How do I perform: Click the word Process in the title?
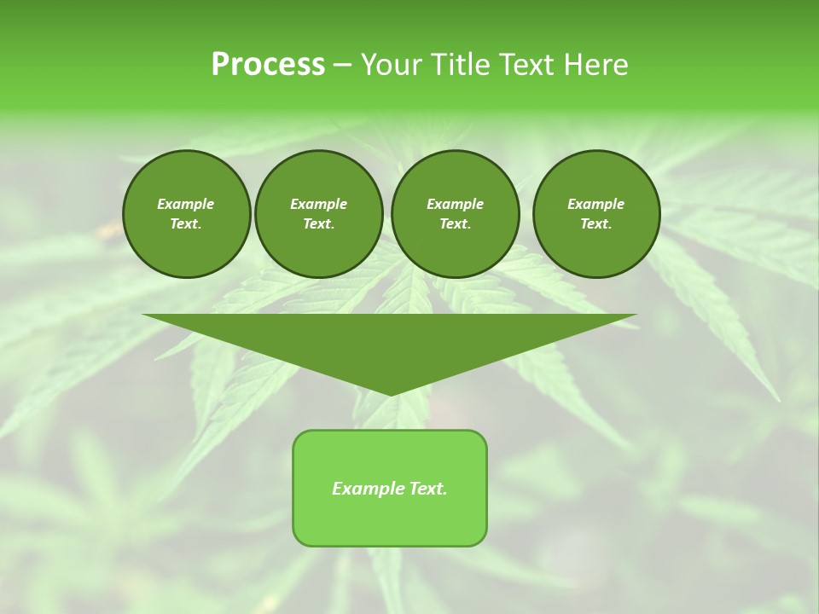click(x=268, y=65)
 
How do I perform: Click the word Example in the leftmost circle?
click(x=186, y=204)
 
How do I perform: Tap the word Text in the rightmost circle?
click(x=595, y=223)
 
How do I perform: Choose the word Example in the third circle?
click(x=455, y=204)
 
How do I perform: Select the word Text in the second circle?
click(x=317, y=223)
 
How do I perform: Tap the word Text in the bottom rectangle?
click(x=427, y=489)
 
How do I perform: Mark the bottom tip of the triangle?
click(x=390, y=393)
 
